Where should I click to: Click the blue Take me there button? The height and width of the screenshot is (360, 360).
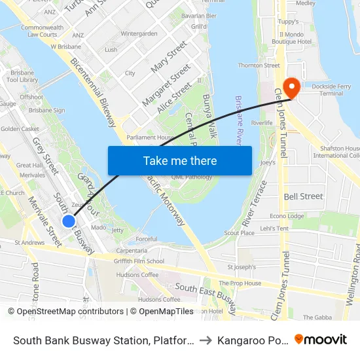(180, 160)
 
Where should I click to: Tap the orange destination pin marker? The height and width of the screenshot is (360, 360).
(290, 88)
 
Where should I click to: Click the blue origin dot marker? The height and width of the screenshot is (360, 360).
(68, 221)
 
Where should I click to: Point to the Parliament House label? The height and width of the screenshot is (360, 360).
(150, 137)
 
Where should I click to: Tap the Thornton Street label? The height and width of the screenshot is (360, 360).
(259, 65)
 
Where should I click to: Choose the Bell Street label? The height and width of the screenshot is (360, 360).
(303, 196)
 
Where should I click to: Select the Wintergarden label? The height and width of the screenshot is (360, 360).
(139, 33)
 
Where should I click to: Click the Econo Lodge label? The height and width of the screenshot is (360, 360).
(287, 216)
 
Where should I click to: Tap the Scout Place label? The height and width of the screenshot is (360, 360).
(239, 232)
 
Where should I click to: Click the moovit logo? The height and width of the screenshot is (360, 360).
(321, 340)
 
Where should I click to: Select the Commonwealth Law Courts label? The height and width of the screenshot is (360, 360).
(42, 31)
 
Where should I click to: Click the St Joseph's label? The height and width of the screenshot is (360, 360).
(238, 267)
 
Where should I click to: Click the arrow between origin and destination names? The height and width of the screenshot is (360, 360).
(206, 340)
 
